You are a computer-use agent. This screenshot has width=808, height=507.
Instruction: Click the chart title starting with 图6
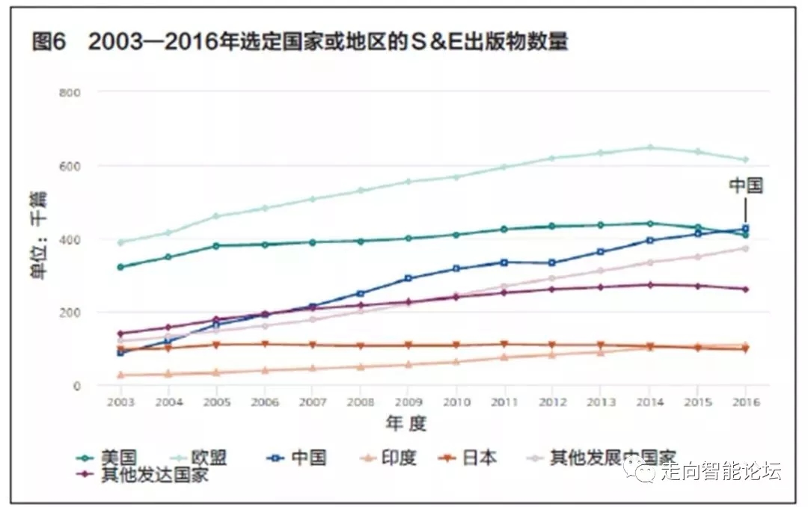coord(299,42)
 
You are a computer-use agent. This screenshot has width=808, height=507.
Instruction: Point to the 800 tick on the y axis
coord(70,92)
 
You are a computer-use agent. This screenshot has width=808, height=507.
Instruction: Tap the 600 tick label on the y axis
coord(70,165)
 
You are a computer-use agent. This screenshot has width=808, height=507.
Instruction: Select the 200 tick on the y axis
coord(70,313)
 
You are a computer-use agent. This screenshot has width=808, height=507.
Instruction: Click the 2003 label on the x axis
coord(120,402)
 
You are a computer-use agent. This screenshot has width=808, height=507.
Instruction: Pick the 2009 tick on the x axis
coord(408,402)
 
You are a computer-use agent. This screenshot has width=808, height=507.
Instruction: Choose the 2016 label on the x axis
coord(745,402)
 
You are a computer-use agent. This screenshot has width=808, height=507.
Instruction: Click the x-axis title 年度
coord(406,424)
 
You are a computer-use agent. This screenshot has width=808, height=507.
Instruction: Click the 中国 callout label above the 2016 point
coord(746,185)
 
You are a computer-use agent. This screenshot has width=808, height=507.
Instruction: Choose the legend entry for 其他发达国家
coord(154,475)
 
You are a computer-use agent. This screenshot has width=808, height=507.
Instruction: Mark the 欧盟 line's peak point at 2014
coord(650,147)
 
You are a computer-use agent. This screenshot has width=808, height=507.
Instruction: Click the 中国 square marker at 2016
coord(745,229)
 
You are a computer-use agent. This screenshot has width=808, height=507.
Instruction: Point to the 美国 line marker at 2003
coord(120,267)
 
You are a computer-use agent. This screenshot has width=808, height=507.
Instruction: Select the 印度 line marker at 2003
coord(120,375)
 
